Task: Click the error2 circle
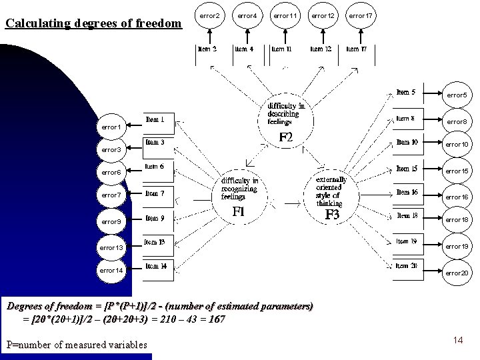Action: coord(209,15)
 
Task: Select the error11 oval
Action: coord(285,15)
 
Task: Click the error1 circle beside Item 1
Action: coord(110,126)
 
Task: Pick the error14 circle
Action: coord(111,271)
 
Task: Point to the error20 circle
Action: coord(457,273)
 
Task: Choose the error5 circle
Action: coord(457,95)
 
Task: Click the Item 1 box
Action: coord(159,121)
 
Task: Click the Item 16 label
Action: coord(407,192)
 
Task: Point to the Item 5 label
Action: coord(406,92)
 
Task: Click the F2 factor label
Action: coord(286,138)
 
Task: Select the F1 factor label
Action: coord(237,211)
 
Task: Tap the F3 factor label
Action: coord(332,215)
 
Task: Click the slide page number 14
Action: coord(458,341)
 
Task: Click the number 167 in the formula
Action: coord(215,319)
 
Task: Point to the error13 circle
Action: coord(111,247)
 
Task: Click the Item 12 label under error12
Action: coord(321,49)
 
